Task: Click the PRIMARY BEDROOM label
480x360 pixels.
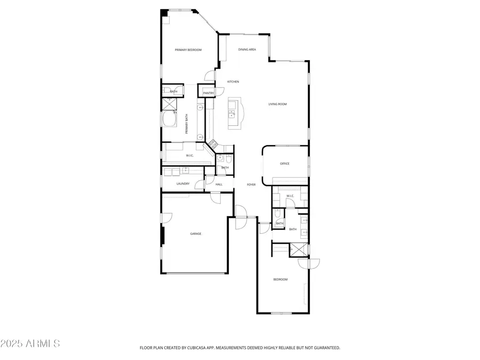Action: [x=188, y=50]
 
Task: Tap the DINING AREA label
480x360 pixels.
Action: [x=247, y=50]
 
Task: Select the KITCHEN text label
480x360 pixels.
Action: [x=233, y=82]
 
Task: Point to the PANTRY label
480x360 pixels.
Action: [x=208, y=93]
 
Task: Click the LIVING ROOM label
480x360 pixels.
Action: [x=277, y=104]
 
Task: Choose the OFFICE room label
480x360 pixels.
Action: [x=285, y=164]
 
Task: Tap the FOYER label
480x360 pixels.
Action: [x=251, y=185]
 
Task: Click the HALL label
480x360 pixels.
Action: [x=219, y=185]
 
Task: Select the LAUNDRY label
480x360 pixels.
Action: [x=183, y=185]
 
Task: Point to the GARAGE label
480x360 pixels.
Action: [x=196, y=234]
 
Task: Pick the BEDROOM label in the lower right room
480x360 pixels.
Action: [x=281, y=279]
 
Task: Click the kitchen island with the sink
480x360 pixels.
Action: [x=234, y=114]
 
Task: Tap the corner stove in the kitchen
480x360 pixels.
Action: [x=213, y=143]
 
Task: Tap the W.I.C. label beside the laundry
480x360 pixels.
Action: [x=189, y=156]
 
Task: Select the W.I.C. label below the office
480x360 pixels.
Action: [x=290, y=196]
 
